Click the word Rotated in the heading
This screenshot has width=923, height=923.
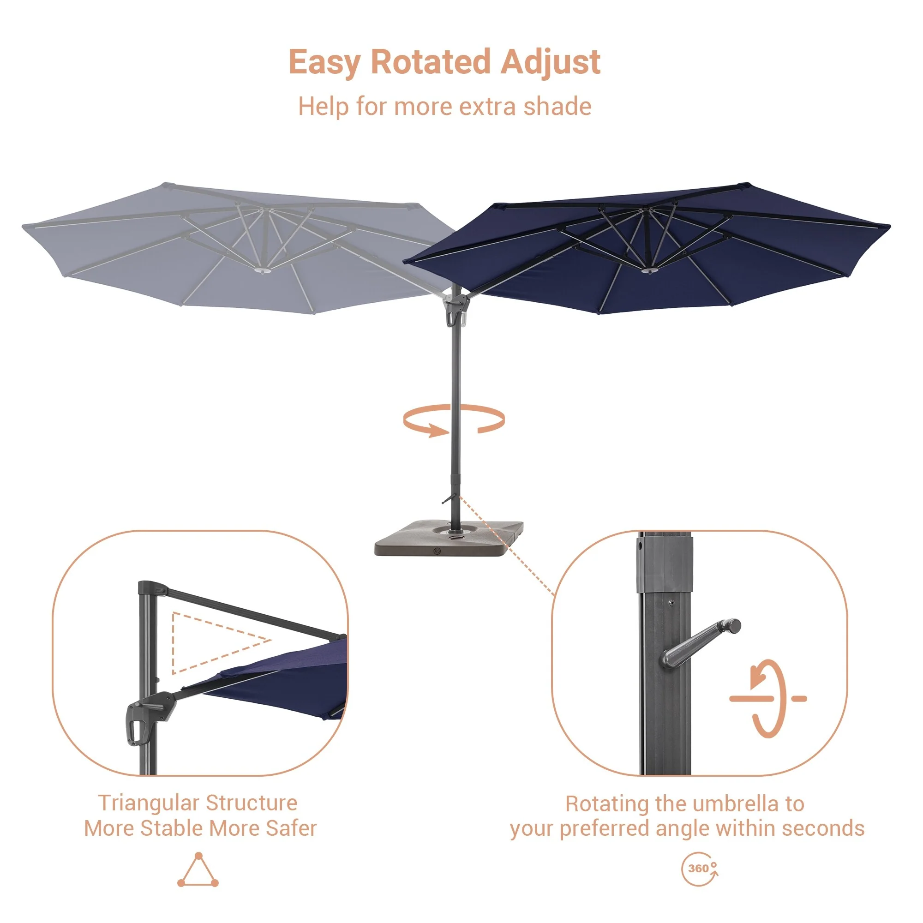pos(431,62)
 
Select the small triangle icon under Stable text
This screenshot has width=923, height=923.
pos(198,870)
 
